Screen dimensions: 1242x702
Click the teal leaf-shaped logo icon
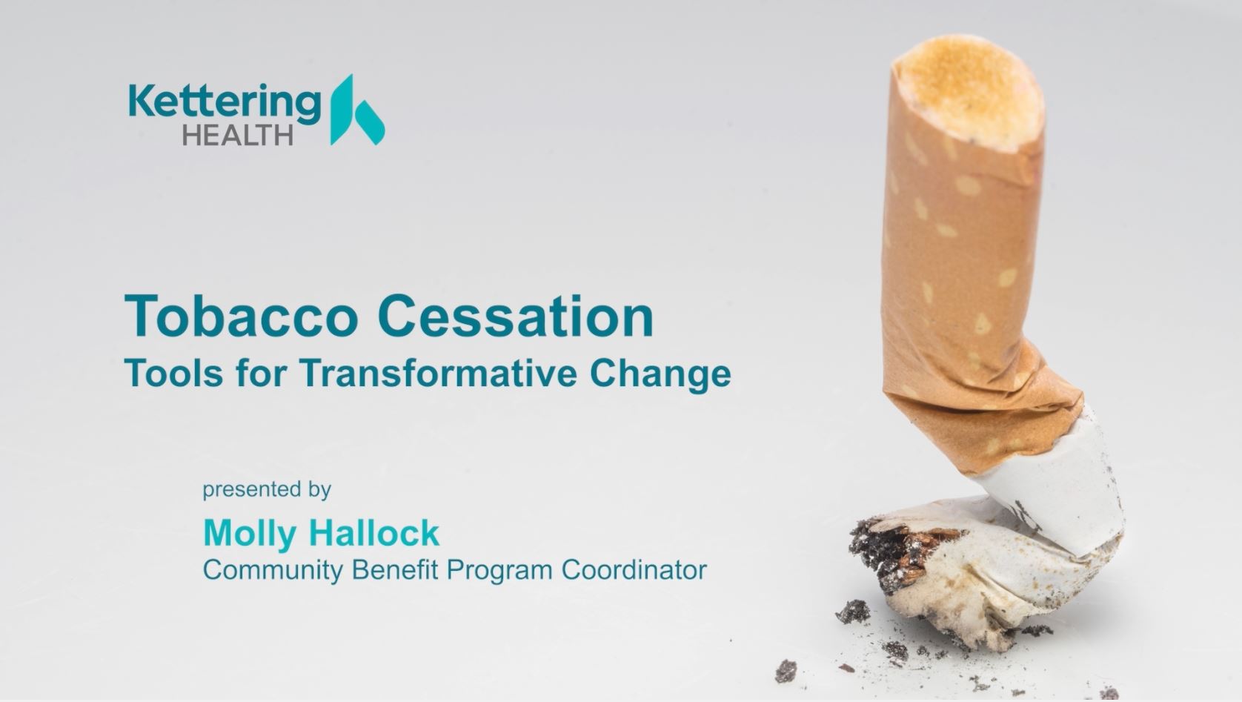356,110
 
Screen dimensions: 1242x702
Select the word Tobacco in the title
241,316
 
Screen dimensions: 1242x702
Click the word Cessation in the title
516,316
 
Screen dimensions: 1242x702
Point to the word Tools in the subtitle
173,373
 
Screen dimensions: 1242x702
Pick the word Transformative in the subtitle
439,373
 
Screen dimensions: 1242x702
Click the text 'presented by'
267,490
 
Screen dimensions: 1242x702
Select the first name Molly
250,534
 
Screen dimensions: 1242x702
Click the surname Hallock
374,533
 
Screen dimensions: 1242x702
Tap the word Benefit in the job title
395,569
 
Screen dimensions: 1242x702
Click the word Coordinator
634,569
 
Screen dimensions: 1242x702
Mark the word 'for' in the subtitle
261,373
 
